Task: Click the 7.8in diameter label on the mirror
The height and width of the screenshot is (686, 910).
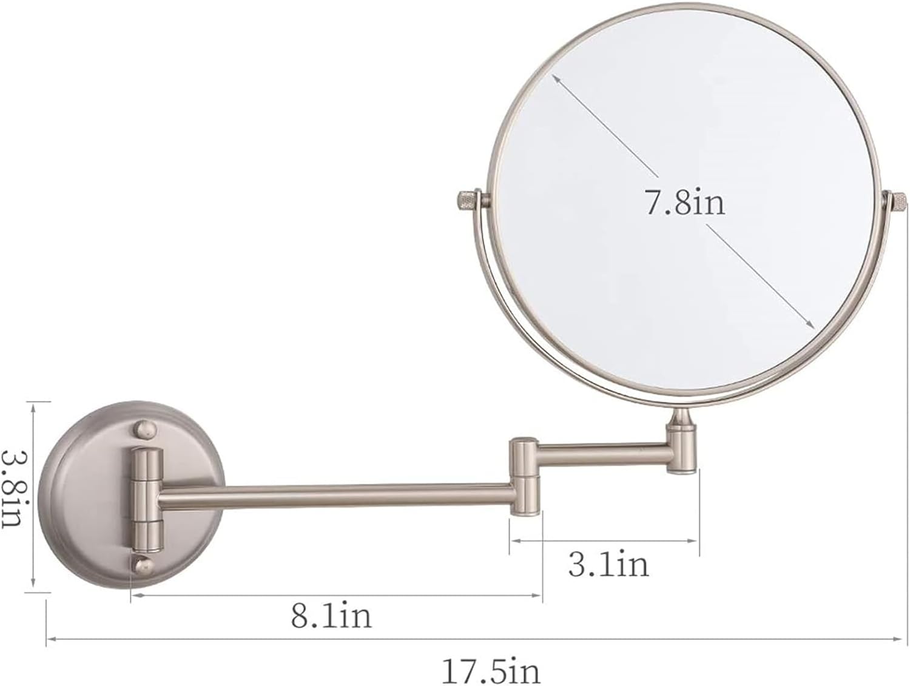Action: (686, 202)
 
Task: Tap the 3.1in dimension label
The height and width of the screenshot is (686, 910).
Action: (608, 563)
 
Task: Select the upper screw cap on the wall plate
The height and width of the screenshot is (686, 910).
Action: (146, 430)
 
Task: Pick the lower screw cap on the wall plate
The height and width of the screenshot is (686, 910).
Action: (143, 567)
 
